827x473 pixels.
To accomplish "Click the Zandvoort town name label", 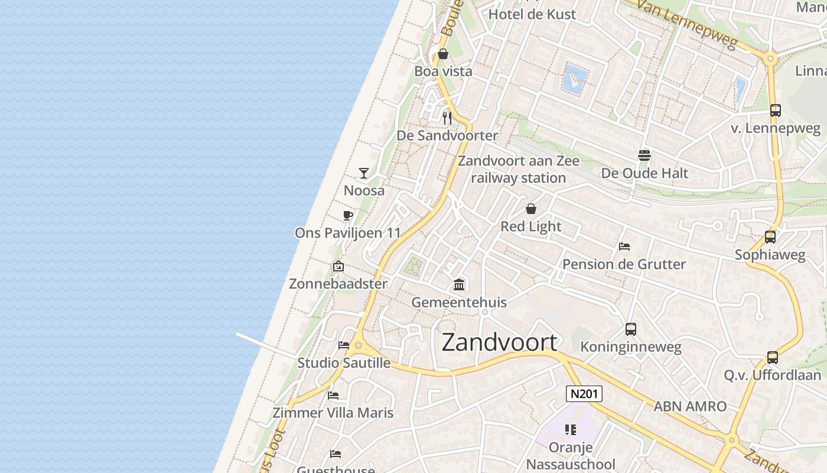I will [x=499, y=342].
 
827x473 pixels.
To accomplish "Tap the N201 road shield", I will [x=584, y=394].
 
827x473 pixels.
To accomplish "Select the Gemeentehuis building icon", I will [x=459, y=285].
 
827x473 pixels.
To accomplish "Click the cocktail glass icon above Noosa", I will [x=364, y=173].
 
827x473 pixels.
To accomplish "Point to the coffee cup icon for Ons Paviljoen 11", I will [x=347, y=216].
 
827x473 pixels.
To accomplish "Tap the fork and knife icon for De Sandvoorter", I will [x=447, y=118].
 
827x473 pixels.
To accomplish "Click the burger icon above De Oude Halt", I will [x=644, y=155].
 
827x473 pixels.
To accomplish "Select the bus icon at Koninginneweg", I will [x=631, y=329].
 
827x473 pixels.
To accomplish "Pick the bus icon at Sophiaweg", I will [x=770, y=237].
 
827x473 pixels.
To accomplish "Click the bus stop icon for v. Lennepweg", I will [x=776, y=111].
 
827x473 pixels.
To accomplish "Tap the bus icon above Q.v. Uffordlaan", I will [x=773, y=358].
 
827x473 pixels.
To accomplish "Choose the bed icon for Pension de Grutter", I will [x=624, y=247].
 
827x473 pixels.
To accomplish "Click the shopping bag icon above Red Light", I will [x=531, y=209].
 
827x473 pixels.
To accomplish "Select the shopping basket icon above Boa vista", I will [x=443, y=54].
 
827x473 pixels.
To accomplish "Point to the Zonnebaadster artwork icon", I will [x=338, y=267].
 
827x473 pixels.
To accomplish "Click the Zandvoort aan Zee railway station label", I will [x=519, y=169].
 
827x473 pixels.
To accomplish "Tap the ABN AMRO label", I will [x=690, y=406].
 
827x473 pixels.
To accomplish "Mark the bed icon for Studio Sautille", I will [x=344, y=345].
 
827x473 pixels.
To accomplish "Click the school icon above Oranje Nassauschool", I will [x=570, y=430].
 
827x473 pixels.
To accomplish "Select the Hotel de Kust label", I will [x=532, y=14].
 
